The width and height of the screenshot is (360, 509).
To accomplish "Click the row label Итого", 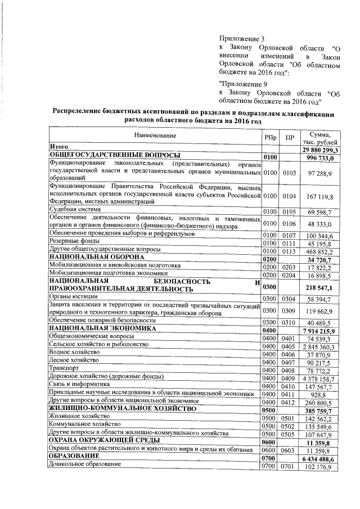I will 58,147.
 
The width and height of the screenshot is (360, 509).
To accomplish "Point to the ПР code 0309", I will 289,310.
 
